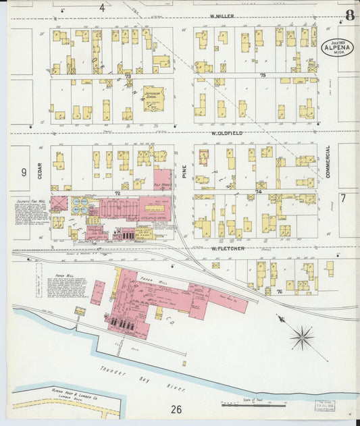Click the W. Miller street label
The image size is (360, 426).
click(221, 15)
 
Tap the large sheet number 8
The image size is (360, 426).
click(349, 15)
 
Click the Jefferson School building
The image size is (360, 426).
click(153, 99)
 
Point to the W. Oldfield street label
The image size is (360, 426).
click(226, 133)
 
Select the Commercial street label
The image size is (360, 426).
click(328, 162)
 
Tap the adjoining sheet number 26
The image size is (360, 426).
click(176, 409)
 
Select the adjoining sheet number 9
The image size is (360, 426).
click(24, 172)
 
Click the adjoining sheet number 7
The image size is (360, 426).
click(343, 198)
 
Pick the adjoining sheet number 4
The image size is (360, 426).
click(102, 7)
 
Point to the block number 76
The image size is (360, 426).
click(278, 291)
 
